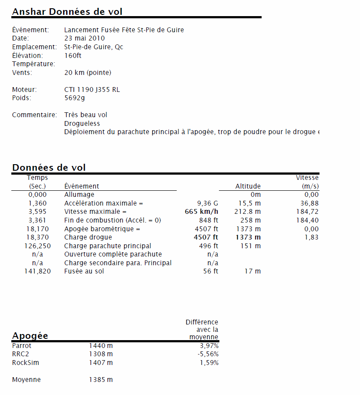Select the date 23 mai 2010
click(84, 38)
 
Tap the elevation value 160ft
click(73, 55)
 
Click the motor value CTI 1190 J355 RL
click(92, 90)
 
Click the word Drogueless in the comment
click(82, 124)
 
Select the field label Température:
click(34, 64)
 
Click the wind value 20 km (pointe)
click(87, 72)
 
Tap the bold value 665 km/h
click(202, 212)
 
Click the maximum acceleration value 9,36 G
click(208, 203)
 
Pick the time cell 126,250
click(37, 246)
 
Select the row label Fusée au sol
click(84, 271)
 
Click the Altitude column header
click(248, 186)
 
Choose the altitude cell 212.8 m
click(248, 212)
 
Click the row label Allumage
click(79, 195)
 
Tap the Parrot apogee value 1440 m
click(101, 346)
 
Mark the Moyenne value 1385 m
click(101, 380)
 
